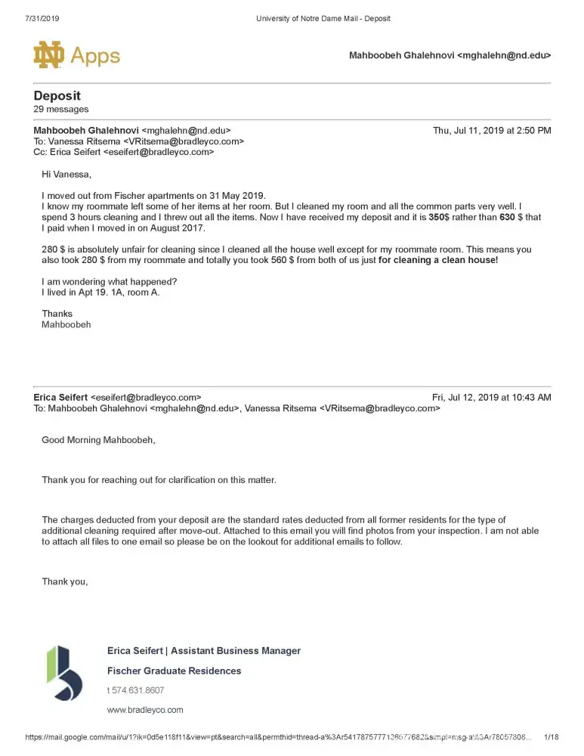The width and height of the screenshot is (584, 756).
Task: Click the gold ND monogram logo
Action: pos(50,55)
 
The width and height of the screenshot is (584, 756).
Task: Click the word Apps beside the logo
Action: pos(95,56)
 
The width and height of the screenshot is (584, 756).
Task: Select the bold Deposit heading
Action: pos(57,96)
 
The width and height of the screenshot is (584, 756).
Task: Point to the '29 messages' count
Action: pos(61,110)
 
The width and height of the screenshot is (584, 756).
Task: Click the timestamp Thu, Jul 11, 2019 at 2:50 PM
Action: pos(491,131)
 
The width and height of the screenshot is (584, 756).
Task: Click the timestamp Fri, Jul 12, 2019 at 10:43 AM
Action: pos(491,397)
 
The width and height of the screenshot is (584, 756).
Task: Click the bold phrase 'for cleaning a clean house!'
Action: pos(438,260)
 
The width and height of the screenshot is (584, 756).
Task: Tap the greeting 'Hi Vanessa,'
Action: pos(66,175)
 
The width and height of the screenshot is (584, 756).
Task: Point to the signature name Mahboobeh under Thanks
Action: pos(66,324)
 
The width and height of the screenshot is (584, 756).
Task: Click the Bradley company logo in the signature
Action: pos(65,673)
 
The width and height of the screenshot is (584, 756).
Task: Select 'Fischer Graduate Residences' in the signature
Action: pos(175,671)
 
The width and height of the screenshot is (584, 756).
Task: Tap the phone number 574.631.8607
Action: pos(138,690)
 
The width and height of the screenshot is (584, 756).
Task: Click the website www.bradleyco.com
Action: pos(145,710)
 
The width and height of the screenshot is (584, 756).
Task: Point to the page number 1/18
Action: pos(552,737)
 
